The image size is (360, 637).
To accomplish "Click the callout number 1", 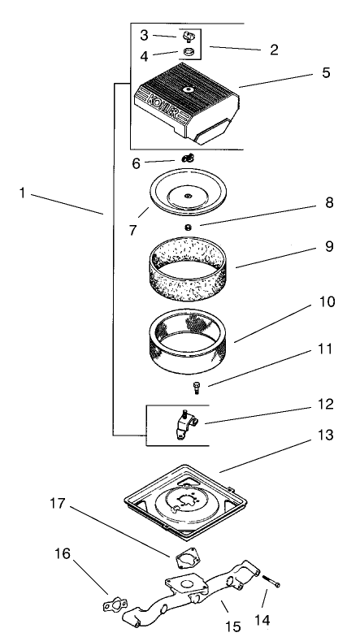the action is pyautogui.click(x=23, y=193).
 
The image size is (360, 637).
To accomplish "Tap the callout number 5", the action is pyautogui.click(x=326, y=73).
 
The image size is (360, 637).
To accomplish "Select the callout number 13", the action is pyautogui.click(x=325, y=435).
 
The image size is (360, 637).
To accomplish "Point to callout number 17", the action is pyautogui.click(x=57, y=504).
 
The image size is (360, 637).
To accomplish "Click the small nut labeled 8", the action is pyautogui.click(x=188, y=227).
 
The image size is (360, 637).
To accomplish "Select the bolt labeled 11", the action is pyautogui.click(x=197, y=388).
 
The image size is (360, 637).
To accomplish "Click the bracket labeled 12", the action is pyautogui.click(x=185, y=424).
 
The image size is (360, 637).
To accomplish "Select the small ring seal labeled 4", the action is pyautogui.click(x=188, y=52).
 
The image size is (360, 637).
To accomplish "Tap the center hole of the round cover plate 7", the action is pyautogui.click(x=187, y=196).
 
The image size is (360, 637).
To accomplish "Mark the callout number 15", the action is pyautogui.click(x=232, y=626).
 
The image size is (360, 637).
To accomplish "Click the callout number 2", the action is pyautogui.click(x=274, y=50).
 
